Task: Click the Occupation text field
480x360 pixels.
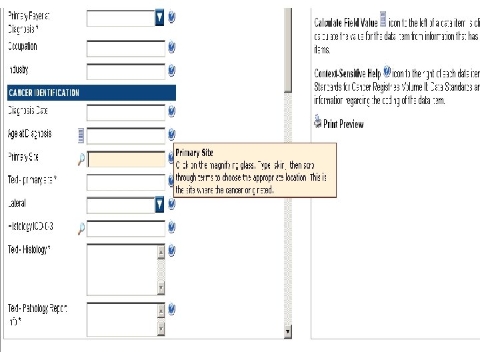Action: [126, 48]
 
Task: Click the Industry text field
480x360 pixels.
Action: [126, 71]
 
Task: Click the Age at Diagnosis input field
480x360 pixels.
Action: [126, 136]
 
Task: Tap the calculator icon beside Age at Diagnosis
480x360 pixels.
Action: [81, 135]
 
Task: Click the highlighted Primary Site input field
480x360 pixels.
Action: [126, 159]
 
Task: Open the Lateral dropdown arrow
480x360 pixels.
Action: [159, 205]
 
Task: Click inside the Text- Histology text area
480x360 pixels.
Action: [122, 269]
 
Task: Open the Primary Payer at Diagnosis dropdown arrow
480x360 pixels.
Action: [159, 18]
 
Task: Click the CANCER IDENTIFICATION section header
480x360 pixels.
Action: [91, 93]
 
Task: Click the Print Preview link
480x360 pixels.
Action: [343, 124]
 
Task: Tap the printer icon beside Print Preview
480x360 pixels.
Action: [317, 123]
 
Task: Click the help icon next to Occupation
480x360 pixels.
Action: [171, 47]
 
